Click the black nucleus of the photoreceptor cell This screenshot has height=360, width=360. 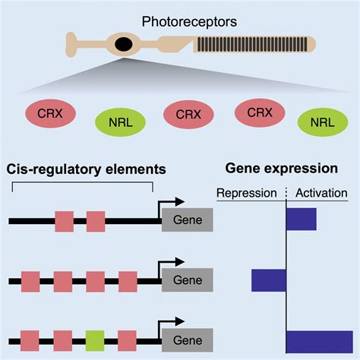(x=124, y=44)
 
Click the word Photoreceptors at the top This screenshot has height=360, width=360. (x=189, y=22)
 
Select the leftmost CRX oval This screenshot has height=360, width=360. (x=50, y=113)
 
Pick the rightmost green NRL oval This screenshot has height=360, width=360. (x=323, y=122)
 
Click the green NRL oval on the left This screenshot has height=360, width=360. (x=120, y=122)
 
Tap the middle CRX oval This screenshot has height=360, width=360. (x=188, y=115)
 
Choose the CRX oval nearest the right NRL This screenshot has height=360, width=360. (x=260, y=112)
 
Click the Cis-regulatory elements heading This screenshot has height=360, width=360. (x=86, y=169)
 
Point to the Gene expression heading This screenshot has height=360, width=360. (x=282, y=169)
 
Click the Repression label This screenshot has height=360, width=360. (x=247, y=193)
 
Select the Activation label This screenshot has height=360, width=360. (x=321, y=193)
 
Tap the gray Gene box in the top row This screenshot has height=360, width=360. (x=188, y=219)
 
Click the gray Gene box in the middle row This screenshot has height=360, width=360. (x=188, y=280)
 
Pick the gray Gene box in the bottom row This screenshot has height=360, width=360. (x=188, y=340)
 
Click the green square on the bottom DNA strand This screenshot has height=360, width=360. (x=95, y=341)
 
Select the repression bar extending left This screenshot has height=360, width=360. (x=269, y=280)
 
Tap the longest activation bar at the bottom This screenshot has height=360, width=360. (x=320, y=342)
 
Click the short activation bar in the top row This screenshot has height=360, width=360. (x=302, y=219)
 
